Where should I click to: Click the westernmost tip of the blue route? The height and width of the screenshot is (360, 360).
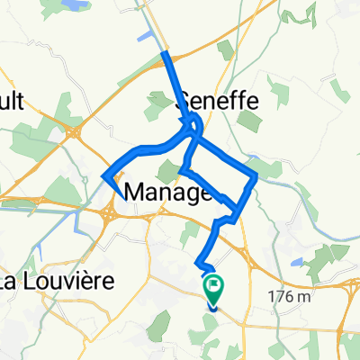point(105,175)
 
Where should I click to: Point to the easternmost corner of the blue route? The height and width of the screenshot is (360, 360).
point(256,176)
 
